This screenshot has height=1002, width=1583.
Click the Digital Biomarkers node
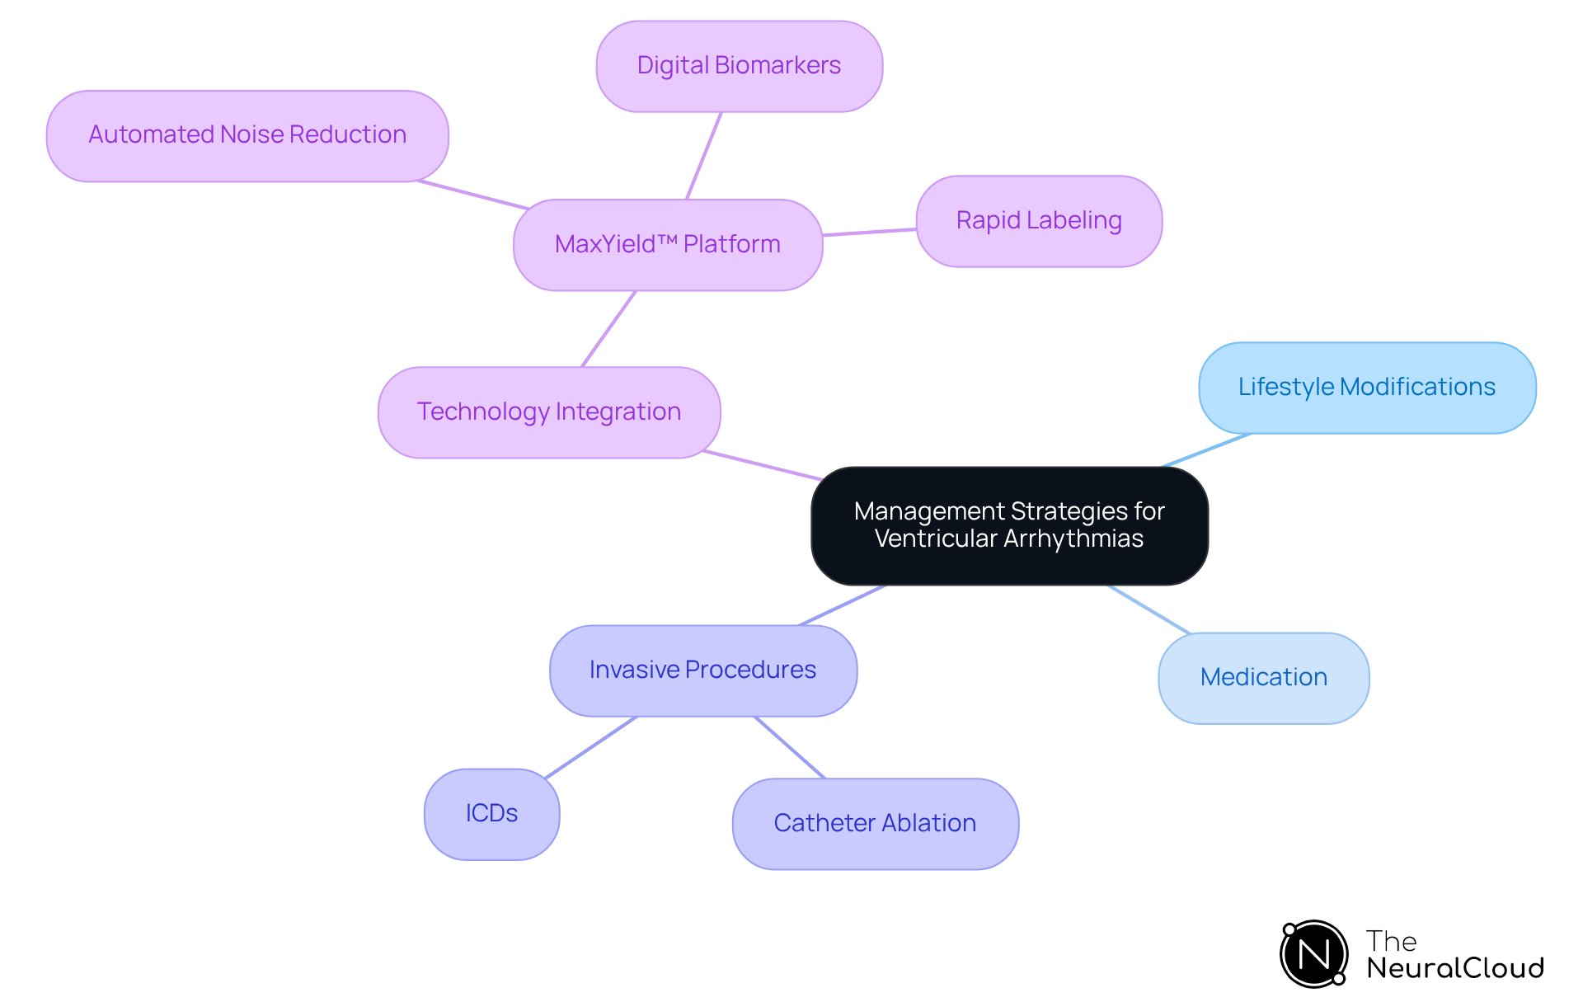click(x=739, y=66)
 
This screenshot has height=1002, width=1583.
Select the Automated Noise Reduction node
click(x=247, y=135)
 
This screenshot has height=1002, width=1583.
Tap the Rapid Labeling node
click(x=1039, y=221)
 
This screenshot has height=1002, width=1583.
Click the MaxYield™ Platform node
click(x=668, y=245)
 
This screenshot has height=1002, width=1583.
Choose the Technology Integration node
click(x=549, y=412)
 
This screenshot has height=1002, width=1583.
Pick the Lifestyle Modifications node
click(x=1367, y=388)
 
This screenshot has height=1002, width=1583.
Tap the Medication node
click(x=1263, y=678)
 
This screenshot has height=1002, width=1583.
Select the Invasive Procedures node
click(x=702, y=670)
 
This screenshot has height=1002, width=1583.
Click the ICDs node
click(x=491, y=814)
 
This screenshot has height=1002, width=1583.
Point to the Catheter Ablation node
click(x=875, y=824)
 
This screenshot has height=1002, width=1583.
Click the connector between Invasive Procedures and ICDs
click(x=591, y=747)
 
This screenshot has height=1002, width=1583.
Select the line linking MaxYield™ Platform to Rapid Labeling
click(x=869, y=233)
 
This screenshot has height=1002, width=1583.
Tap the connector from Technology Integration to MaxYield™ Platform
click(x=608, y=329)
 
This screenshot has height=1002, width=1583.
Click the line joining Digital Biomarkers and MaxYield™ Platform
click(x=704, y=156)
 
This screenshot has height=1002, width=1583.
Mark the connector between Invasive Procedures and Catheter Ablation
click(x=789, y=747)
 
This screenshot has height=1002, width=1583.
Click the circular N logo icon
click(x=1314, y=954)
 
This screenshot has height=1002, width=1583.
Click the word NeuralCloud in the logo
click(x=1455, y=968)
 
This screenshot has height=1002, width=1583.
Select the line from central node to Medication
click(x=1149, y=609)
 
